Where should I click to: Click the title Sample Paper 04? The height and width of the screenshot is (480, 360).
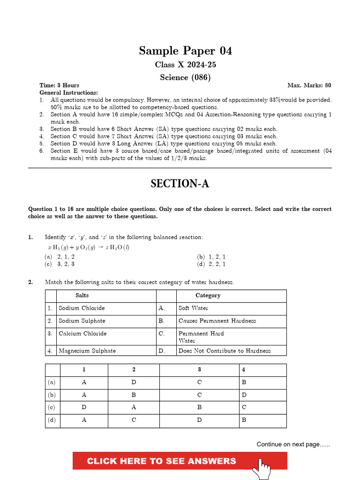[185, 51]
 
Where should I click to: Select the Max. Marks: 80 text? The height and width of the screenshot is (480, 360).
[309, 85]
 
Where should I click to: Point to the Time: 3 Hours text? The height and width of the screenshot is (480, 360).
[59, 85]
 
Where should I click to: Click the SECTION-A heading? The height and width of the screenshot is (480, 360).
[180, 184]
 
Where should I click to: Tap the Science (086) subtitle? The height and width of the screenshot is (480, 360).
[185, 77]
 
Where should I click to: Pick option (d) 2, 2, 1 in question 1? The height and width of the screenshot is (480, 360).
[211, 264]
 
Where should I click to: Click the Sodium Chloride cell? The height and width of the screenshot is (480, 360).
[82, 308]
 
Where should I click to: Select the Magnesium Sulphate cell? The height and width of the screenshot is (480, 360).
[87, 351]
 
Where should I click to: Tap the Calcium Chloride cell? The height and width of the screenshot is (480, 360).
[82, 333]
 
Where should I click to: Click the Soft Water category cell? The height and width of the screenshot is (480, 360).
[193, 308]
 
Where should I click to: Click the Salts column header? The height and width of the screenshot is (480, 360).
[82, 295]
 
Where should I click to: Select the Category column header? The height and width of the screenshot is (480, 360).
[208, 295]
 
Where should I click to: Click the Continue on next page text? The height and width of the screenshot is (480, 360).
[293, 444]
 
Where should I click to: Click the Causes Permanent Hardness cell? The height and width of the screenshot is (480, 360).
[217, 321]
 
